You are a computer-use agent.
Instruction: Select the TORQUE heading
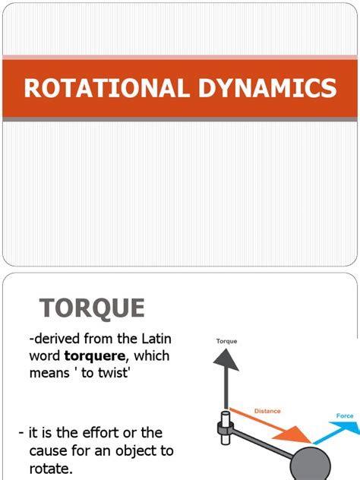point(92,308)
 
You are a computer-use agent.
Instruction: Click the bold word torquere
point(106,355)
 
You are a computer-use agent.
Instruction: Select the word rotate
point(49,468)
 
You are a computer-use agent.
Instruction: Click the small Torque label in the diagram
point(226,341)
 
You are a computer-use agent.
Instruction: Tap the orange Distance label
point(267,411)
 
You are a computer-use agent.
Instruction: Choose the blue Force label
point(345,416)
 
